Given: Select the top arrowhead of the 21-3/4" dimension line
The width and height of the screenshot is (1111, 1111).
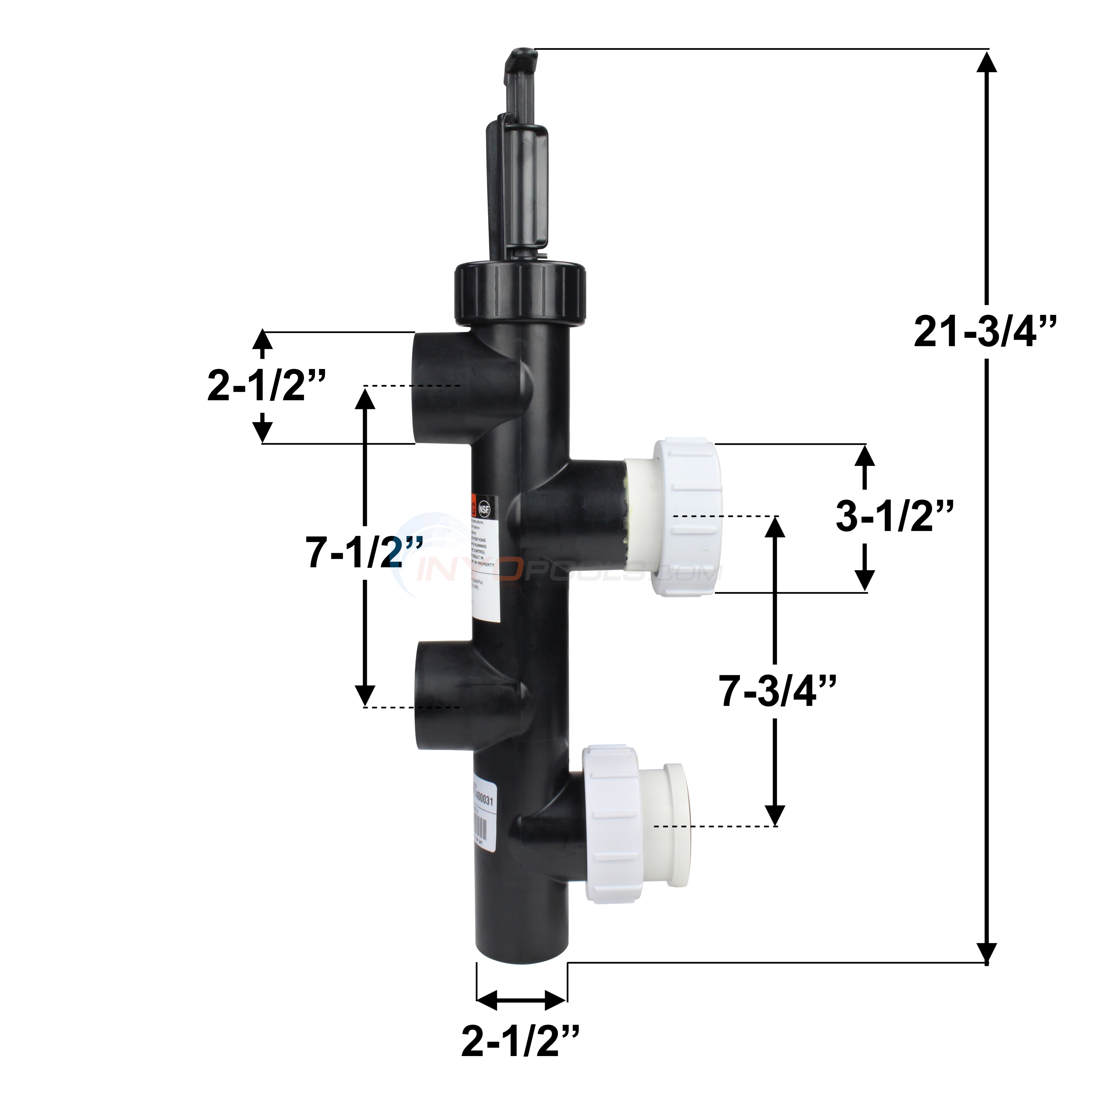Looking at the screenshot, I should click(987, 62).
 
